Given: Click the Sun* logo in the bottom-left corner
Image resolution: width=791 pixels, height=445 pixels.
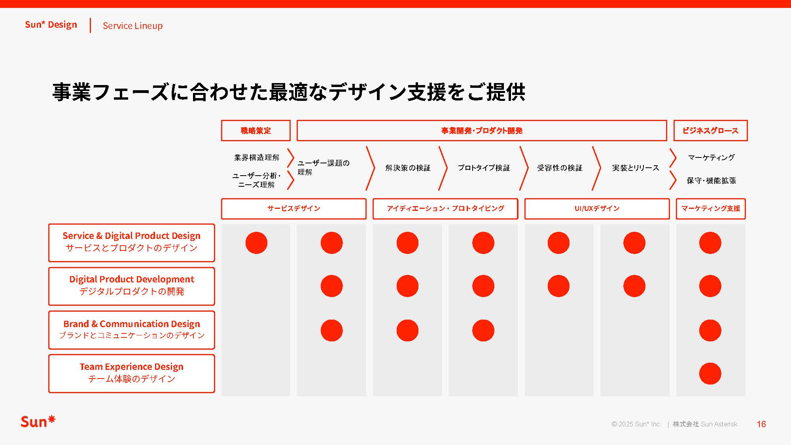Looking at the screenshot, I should (x=38, y=422).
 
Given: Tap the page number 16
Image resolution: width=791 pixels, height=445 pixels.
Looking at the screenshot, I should (x=761, y=424).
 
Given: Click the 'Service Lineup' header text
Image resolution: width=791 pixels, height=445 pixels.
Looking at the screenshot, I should (x=132, y=26).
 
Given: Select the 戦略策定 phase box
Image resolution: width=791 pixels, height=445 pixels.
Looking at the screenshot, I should (x=255, y=131).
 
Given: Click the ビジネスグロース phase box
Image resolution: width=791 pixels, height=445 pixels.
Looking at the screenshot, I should (x=710, y=131).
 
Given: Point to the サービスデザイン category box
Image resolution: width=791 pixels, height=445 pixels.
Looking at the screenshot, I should (x=293, y=208).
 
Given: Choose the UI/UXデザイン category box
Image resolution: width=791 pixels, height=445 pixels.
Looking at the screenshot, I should (x=597, y=208).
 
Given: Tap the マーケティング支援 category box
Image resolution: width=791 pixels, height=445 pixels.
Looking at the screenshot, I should (x=710, y=208).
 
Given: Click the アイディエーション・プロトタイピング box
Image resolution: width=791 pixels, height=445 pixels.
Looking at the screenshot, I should (x=445, y=208).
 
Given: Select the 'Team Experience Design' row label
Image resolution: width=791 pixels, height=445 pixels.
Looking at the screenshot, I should (x=131, y=373).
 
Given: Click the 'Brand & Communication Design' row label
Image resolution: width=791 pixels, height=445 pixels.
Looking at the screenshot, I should (x=131, y=329).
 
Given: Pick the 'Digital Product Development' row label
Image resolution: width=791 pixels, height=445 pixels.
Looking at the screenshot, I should (x=131, y=286).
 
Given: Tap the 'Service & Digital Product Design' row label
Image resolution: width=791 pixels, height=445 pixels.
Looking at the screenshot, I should (x=131, y=242).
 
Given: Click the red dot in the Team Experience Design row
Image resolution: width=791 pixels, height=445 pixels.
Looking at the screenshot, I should (x=710, y=373).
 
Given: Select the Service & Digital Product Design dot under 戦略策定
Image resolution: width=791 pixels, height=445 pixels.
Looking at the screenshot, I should (x=256, y=242).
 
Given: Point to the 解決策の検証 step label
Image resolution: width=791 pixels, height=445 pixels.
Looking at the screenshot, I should (x=408, y=168).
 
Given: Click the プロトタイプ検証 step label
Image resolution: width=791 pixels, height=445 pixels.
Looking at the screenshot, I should (x=484, y=168).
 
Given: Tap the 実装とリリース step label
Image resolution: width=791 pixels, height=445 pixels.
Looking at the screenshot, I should (x=636, y=168).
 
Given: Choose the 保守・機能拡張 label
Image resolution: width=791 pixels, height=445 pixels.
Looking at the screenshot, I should (x=711, y=181).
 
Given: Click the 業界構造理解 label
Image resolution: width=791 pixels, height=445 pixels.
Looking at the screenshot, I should (x=257, y=158).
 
